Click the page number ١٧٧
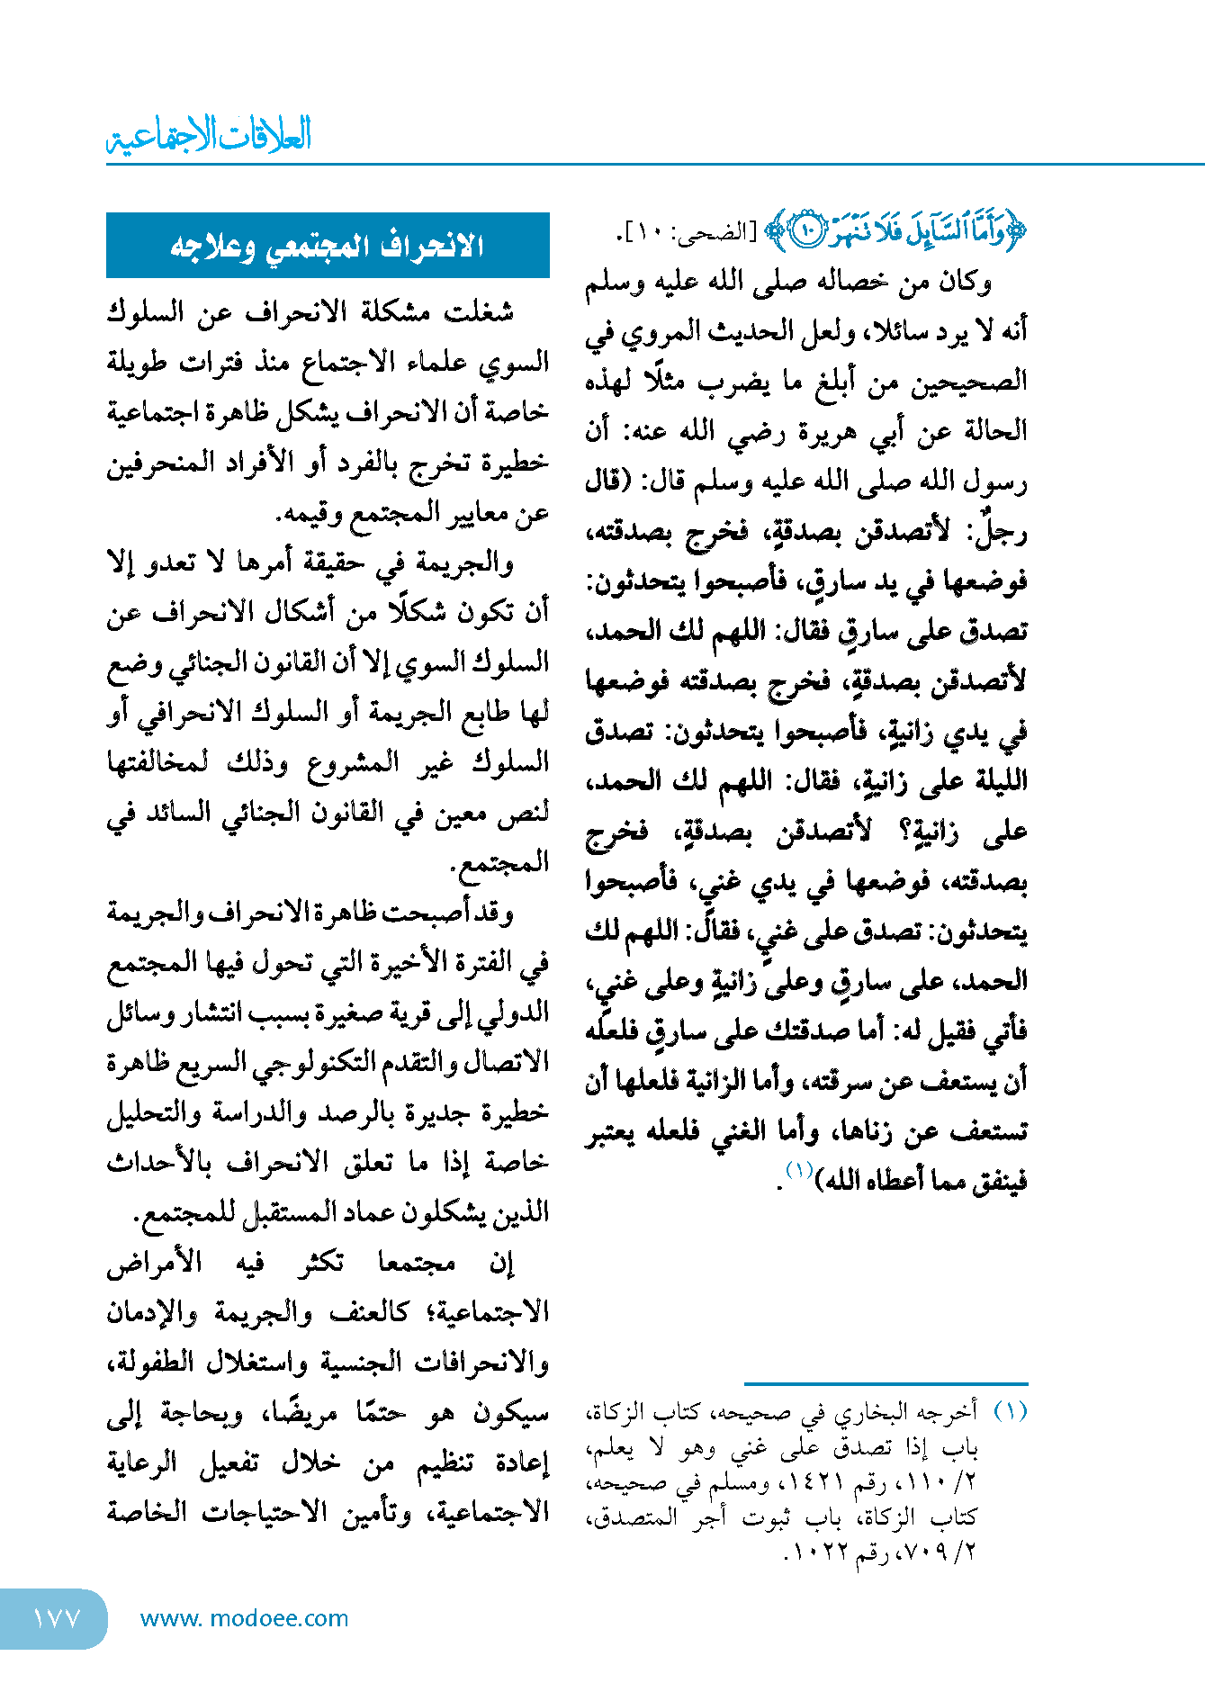pos(57,1618)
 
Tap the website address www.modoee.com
pos(245,1618)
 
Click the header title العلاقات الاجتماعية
pos(210,136)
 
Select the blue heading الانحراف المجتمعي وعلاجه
pos(328,246)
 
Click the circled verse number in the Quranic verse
pos(807,232)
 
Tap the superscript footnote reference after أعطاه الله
pos(799,1170)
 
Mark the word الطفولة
pos(148,1363)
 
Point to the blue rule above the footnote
pos(886,1383)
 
